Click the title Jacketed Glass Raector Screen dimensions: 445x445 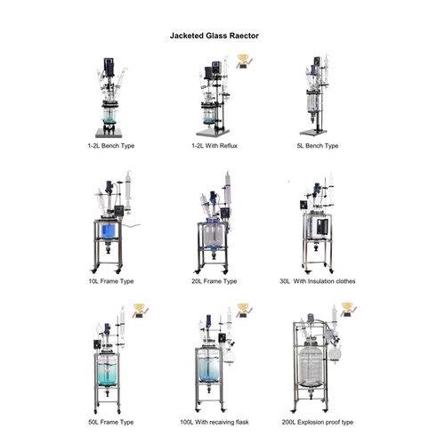pos(214,36)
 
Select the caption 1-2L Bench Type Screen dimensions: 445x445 pos(111,146)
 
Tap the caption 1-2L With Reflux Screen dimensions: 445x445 pos(214,146)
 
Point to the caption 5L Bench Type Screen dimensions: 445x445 pos(318,146)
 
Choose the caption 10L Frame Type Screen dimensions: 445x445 pos(111,281)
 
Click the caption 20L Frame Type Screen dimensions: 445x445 pos(214,281)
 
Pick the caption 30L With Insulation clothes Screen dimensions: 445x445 pos(318,281)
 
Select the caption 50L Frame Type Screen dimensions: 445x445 pos(111,422)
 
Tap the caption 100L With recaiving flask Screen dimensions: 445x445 pos(214,422)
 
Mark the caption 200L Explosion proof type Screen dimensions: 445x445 pos(318,422)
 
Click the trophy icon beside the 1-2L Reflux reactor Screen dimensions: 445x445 pos(244,61)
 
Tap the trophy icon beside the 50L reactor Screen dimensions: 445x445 pos(141,311)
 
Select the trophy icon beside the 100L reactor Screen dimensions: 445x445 pos(244,311)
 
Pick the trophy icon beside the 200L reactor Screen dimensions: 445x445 pos(348,310)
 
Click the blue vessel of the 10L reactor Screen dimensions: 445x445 pos(108,231)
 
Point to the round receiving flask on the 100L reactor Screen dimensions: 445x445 pos(229,356)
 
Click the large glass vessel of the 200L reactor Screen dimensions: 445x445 pos(311,366)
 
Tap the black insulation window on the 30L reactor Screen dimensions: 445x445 pos(322,227)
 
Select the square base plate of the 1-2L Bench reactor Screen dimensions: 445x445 pos(109,133)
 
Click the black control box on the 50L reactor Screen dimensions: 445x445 pos(97,344)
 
